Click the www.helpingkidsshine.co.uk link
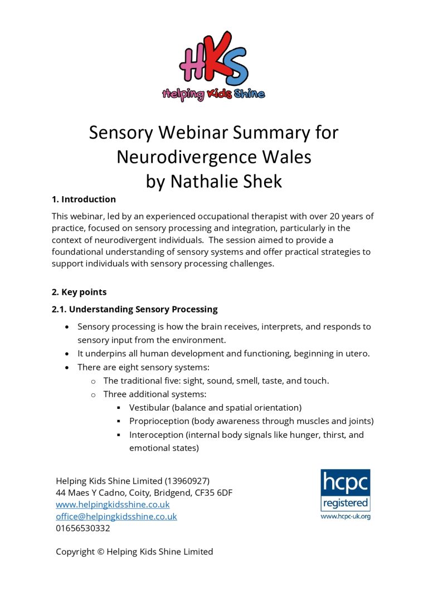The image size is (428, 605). [113, 504]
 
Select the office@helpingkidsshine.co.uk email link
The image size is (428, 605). [116, 516]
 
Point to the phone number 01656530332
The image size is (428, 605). [82, 528]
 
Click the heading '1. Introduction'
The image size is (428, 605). [84, 199]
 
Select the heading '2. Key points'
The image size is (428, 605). [79, 292]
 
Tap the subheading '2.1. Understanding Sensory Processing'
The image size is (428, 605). [134, 309]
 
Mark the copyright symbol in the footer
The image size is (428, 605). [101, 552]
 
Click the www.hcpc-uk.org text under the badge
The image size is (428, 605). [346, 516]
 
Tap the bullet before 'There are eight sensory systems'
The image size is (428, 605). [67, 368]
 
